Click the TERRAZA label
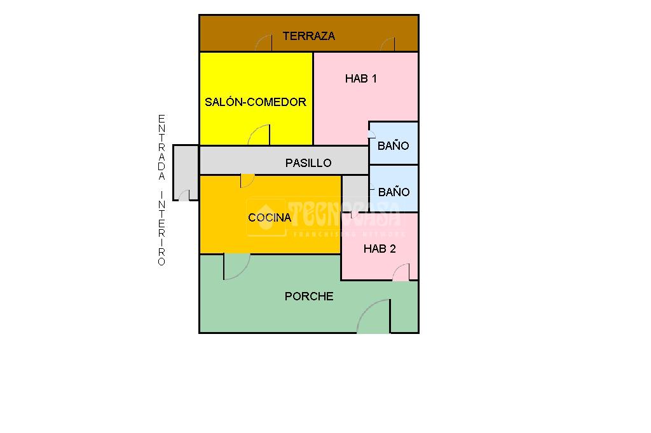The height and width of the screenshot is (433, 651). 308,36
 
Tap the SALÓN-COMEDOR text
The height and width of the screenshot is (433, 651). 255,102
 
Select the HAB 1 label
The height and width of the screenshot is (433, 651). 360,79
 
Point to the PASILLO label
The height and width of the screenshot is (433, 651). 308,163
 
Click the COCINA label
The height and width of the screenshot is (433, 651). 270,218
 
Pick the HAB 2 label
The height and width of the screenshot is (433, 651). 380,249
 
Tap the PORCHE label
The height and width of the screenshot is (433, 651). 309,296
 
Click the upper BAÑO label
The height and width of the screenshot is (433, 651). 393,145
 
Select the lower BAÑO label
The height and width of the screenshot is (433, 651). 394,192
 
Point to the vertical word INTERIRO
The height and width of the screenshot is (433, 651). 161,228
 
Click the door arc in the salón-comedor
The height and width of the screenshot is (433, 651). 259,136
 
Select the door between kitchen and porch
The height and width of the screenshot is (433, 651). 236,266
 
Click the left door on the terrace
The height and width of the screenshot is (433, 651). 264,44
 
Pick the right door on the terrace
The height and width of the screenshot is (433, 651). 388,44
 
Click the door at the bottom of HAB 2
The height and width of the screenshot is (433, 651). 401,272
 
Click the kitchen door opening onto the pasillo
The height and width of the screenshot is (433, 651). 247,180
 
